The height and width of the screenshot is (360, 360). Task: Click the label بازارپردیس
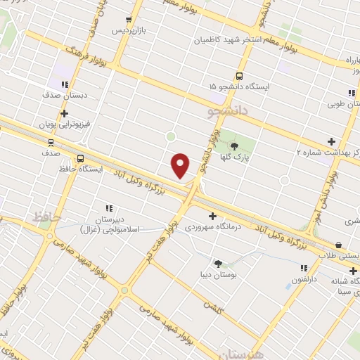pos(131,32)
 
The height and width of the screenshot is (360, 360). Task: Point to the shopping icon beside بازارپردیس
pos(128,20)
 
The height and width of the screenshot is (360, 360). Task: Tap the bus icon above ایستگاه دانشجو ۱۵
pos(239,76)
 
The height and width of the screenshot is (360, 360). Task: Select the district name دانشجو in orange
pos(229,111)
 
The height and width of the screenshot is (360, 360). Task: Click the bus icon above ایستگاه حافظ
pos(80,158)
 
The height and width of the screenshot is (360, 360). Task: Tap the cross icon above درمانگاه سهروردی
pos(212,216)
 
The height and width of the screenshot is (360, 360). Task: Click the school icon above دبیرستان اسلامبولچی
pos(109,207)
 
